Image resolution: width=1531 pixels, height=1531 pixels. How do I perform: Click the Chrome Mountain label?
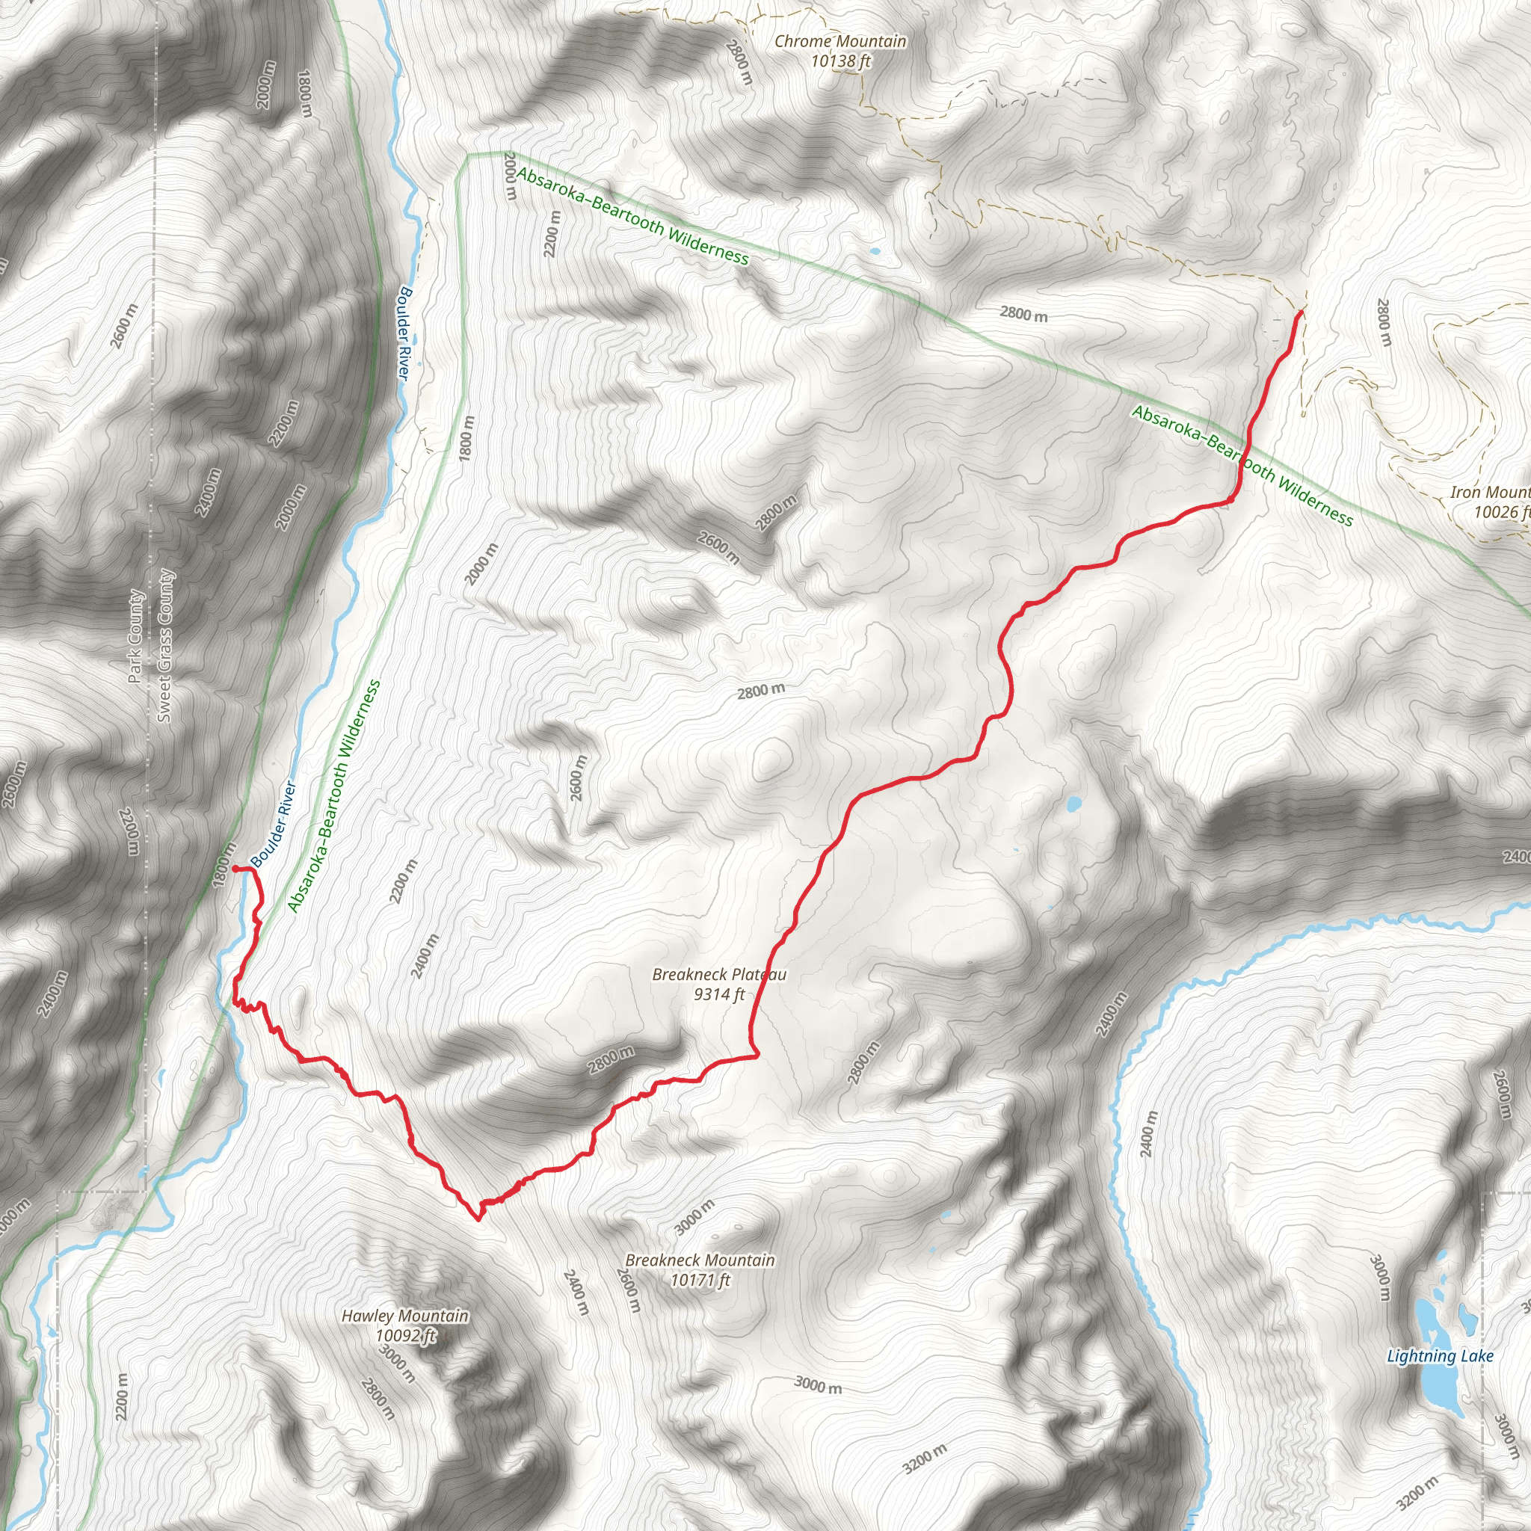[x=840, y=41]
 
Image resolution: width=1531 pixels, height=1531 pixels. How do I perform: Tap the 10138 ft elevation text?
[x=840, y=61]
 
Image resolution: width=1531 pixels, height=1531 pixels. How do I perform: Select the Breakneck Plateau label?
[x=718, y=974]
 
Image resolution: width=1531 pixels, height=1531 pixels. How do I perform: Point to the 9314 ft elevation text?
[x=718, y=994]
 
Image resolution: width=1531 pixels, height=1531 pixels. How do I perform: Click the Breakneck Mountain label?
[x=700, y=1260]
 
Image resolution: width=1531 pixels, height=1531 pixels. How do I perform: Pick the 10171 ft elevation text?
[x=700, y=1280]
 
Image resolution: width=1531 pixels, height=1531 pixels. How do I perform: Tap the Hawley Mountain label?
[x=405, y=1316]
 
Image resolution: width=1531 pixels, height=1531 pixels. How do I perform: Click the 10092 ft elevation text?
[x=405, y=1335]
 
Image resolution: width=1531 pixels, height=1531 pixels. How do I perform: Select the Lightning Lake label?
[x=1440, y=1356]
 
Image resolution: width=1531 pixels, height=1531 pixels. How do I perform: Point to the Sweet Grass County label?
[x=164, y=646]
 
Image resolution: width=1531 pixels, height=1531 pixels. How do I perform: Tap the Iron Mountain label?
[x=1490, y=492]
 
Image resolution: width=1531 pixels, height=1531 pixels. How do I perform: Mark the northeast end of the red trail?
[x=1301, y=314]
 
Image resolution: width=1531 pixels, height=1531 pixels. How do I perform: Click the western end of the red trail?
[x=235, y=869]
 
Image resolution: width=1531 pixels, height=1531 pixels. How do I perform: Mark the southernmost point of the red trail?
[x=478, y=1219]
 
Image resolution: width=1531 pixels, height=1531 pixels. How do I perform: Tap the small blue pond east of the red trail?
[x=1073, y=804]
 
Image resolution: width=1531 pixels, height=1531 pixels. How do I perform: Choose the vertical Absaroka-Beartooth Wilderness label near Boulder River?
[x=333, y=796]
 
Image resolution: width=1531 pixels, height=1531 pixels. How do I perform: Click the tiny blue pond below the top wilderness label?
[x=874, y=252]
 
